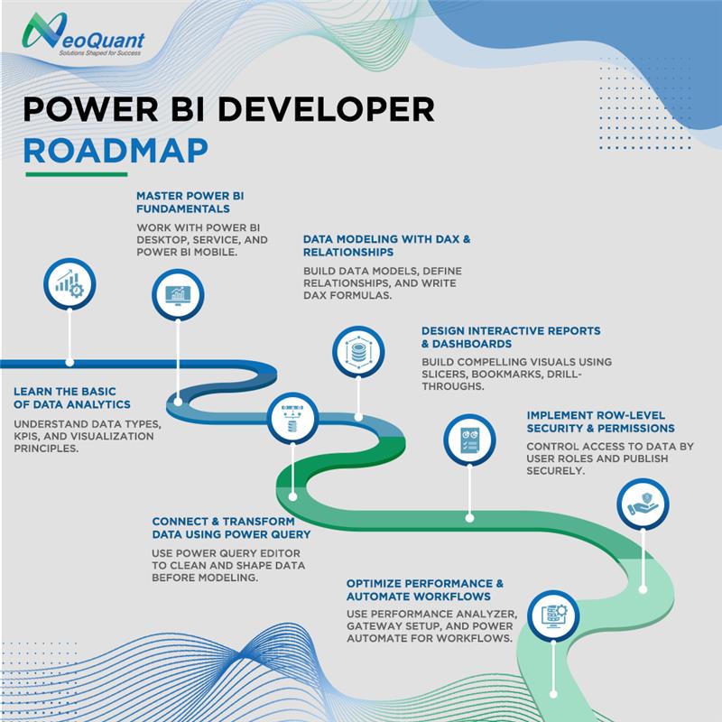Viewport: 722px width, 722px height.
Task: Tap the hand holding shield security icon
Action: click(642, 504)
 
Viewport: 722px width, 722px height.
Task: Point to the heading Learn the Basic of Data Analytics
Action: click(72, 398)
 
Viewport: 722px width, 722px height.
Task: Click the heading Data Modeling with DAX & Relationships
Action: click(386, 245)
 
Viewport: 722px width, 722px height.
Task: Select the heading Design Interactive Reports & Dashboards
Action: click(511, 337)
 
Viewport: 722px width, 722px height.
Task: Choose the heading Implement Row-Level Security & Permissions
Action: click(600, 421)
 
